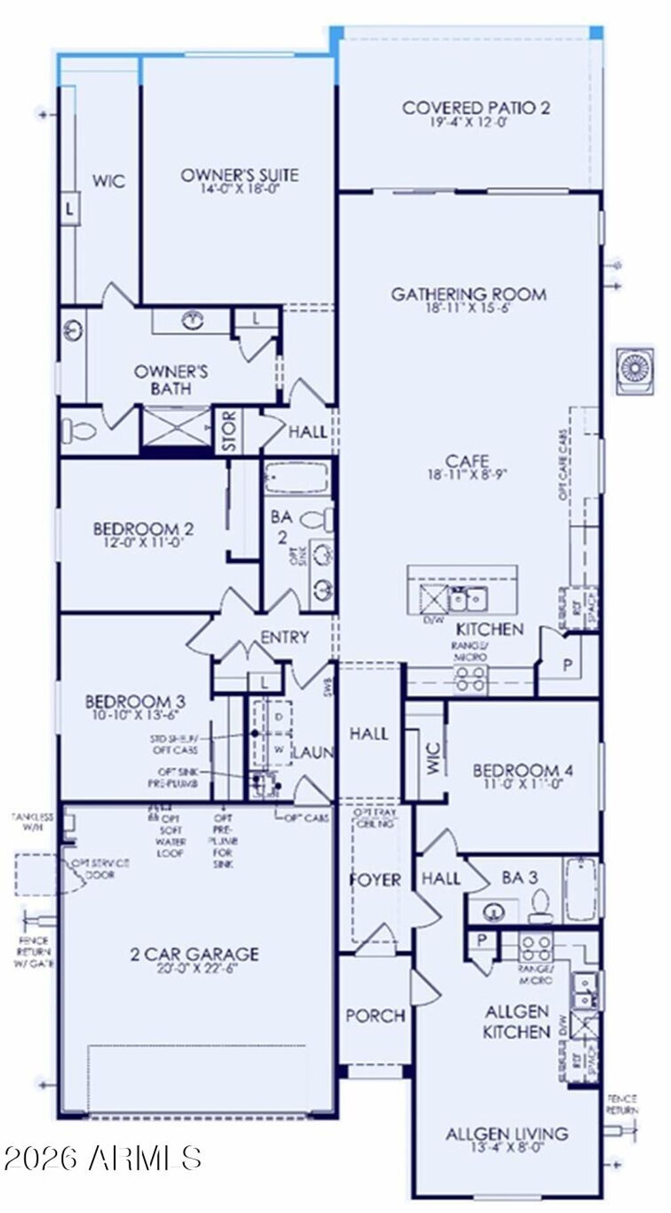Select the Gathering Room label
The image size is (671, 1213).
pyautogui.click(x=469, y=295)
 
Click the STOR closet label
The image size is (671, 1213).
pyautogui.click(x=229, y=431)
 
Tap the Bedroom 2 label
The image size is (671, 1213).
pyautogui.click(x=144, y=528)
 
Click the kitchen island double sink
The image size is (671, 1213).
pyautogui.click(x=467, y=598)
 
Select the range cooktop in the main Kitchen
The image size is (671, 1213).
pyautogui.click(x=471, y=679)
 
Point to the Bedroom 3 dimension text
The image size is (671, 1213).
pyautogui.click(x=135, y=715)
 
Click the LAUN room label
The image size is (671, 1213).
pyautogui.click(x=313, y=753)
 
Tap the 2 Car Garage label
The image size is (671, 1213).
pyautogui.click(x=194, y=954)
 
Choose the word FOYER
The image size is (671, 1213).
pyautogui.click(x=375, y=879)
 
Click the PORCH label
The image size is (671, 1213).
pyautogui.click(x=375, y=1015)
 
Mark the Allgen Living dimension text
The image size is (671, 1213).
pyautogui.click(x=507, y=1147)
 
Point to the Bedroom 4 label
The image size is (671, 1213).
pyautogui.click(x=523, y=770)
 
